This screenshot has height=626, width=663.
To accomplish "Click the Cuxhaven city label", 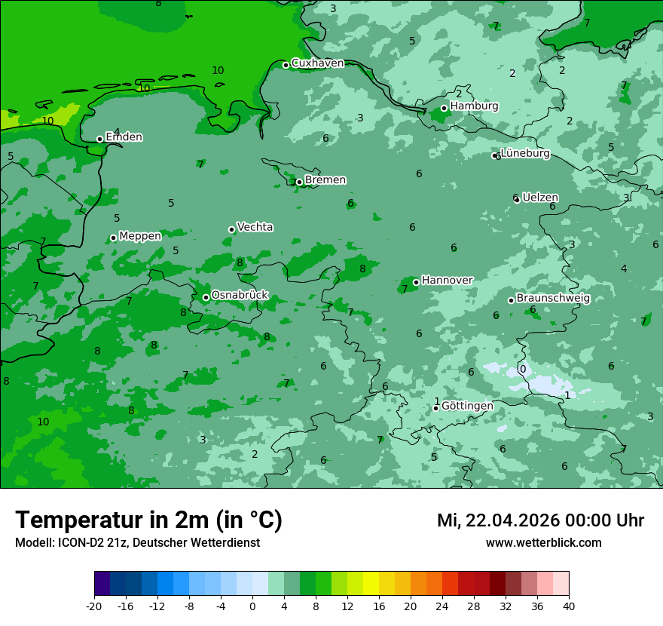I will coord(317,63).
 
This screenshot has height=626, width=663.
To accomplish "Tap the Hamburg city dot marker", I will coord(445,108).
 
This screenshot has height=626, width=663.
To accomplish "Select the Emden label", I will coord(124,137).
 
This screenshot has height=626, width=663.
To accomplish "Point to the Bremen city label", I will coord(325,180).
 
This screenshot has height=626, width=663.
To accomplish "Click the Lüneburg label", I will coord(525,154).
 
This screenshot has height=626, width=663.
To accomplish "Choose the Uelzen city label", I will coord(540,198).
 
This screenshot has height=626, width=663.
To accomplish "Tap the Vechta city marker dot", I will coord(231,229).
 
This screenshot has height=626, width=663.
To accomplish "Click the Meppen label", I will coord(140,236).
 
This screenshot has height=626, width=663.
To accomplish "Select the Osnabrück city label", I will coord(240,296).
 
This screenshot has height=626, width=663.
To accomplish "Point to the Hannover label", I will coord(447,281).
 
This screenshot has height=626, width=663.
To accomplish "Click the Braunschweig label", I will coord(553,299).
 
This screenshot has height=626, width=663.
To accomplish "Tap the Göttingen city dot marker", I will coord(435,408).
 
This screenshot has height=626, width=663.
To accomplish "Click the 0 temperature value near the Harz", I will coord(523,369).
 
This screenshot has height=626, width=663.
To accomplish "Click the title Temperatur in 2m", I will coord(148,520).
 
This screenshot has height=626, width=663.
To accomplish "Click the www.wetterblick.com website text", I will coord(543,543).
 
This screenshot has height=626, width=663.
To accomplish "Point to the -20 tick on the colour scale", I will coord(94,606).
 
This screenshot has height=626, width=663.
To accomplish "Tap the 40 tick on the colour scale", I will coord(569,606).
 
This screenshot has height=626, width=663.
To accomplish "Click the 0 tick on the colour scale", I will coord(252,606).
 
